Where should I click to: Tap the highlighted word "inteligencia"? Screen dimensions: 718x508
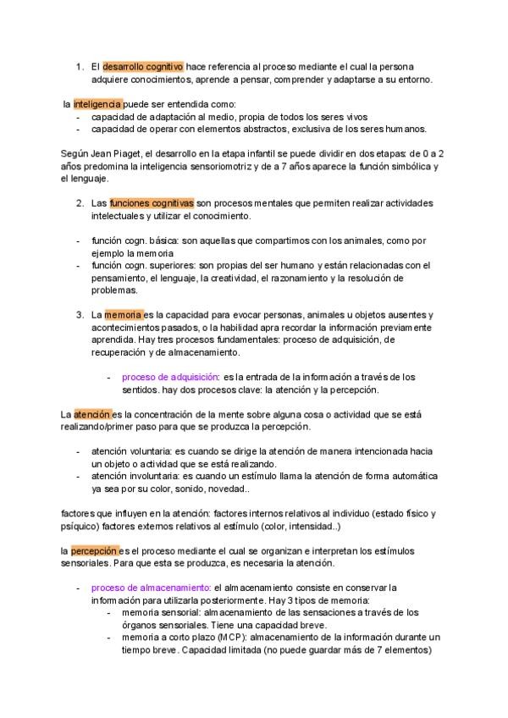(97, 104)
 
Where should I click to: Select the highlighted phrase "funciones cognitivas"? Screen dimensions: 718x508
(152, 203)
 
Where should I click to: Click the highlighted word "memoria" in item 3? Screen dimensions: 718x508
(124, 314)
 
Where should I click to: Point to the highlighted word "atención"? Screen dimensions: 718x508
(92, 415)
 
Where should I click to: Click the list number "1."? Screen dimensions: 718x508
(79, 66)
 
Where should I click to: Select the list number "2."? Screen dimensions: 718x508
(79, 203)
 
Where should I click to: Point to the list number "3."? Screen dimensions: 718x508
(79, 314)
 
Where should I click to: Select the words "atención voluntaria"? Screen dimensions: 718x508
(132, 452)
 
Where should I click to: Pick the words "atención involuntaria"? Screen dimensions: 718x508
(136, 477)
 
